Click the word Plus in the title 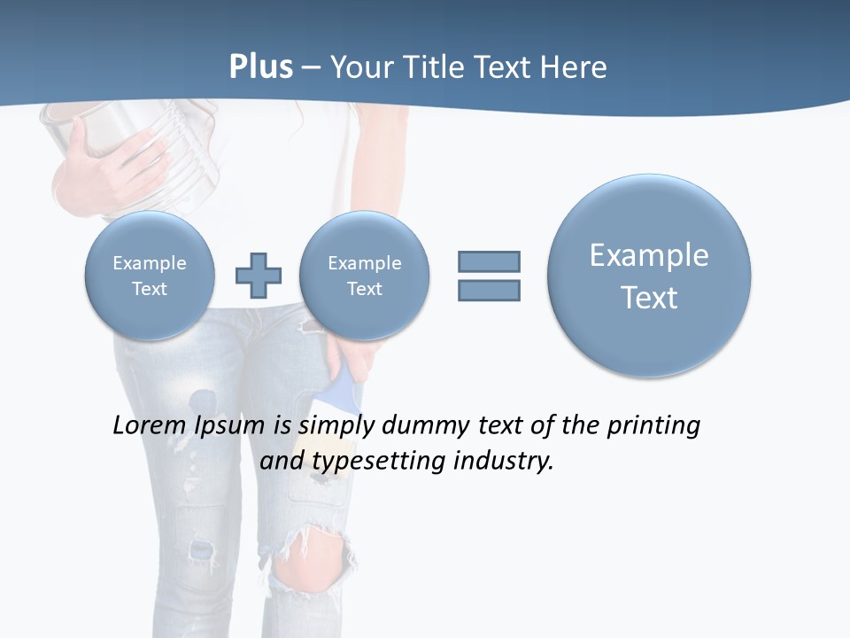260,67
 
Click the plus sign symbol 259,275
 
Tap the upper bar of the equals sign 489,261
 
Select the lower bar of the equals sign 489,290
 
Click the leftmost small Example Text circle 150,275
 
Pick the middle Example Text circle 365,275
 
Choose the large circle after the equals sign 649,275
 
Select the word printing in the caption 653,426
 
